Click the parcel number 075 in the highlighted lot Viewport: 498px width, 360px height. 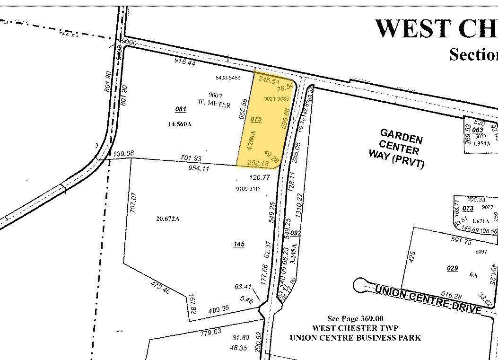[256, 119]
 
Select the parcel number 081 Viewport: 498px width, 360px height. [181, 109]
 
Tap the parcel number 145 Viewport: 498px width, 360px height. [239, 244]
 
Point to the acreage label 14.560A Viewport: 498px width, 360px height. [180, 125]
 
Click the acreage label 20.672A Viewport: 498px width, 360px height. [167, 219]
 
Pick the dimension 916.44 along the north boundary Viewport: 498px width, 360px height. [185, 62]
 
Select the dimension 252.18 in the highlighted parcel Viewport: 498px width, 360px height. [258, 164]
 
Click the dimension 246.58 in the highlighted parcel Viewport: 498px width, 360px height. [269, 81]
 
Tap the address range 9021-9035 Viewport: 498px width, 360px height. [276, 98]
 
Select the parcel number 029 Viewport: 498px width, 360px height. [452, 268]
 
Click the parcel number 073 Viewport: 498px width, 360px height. [468, 209]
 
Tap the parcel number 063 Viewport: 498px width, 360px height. [478, 130]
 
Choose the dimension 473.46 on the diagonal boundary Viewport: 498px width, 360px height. [160, 287]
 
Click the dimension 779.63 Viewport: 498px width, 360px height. [211, 332]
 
